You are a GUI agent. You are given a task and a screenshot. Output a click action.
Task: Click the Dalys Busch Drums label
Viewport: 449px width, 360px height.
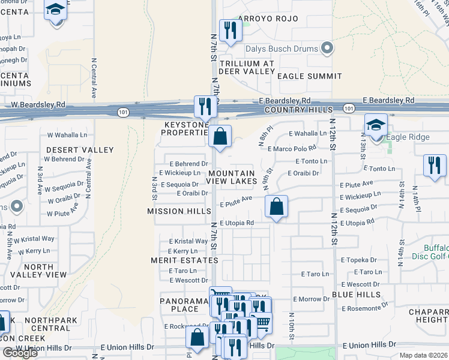(280, 48)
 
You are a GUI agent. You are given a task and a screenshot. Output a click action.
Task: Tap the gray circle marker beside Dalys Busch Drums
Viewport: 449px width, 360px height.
(327, 47)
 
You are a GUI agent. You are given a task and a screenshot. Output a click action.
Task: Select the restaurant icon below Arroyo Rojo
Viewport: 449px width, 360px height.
(230, 31)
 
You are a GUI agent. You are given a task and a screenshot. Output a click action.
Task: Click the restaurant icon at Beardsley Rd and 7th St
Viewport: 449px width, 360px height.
(205, 107)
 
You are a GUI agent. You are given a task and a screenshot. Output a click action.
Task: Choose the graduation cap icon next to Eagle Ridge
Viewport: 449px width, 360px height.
(376, 125)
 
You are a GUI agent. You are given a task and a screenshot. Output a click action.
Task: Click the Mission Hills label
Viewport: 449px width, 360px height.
(179, 211)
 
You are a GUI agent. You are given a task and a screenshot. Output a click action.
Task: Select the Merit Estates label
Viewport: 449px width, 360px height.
(185, 260)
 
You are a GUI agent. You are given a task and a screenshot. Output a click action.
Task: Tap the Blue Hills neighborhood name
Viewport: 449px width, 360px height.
(357, 295)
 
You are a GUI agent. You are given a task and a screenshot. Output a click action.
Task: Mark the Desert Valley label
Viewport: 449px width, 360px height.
(80, 149)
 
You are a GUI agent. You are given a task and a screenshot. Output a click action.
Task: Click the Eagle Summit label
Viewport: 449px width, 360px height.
(310, 76)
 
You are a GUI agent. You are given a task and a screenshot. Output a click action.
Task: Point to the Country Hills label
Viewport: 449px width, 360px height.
(298, 110)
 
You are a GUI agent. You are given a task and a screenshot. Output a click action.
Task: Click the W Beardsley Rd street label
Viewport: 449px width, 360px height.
(38, 104)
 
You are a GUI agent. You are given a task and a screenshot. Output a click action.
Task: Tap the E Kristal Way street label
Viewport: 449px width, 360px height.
(188, 241)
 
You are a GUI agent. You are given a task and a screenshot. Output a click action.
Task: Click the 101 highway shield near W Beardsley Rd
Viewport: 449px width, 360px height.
(123, 113)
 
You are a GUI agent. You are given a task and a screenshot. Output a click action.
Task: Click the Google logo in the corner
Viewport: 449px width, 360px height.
(20, 353)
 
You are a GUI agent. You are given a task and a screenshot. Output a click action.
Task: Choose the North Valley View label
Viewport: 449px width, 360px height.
(39, 271)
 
